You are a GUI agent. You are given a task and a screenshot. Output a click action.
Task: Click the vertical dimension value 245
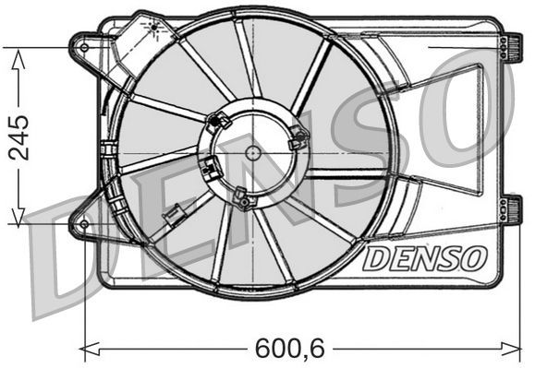(18, 137)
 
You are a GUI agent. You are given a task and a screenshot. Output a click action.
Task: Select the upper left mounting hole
(84, 46)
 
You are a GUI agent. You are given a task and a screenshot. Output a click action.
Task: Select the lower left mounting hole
(84, 223)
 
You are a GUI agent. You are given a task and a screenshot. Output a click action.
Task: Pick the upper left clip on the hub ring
(220, 119)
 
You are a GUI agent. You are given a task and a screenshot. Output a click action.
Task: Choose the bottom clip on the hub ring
(242, 196)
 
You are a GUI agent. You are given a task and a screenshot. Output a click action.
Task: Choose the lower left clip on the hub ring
(212, 169)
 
